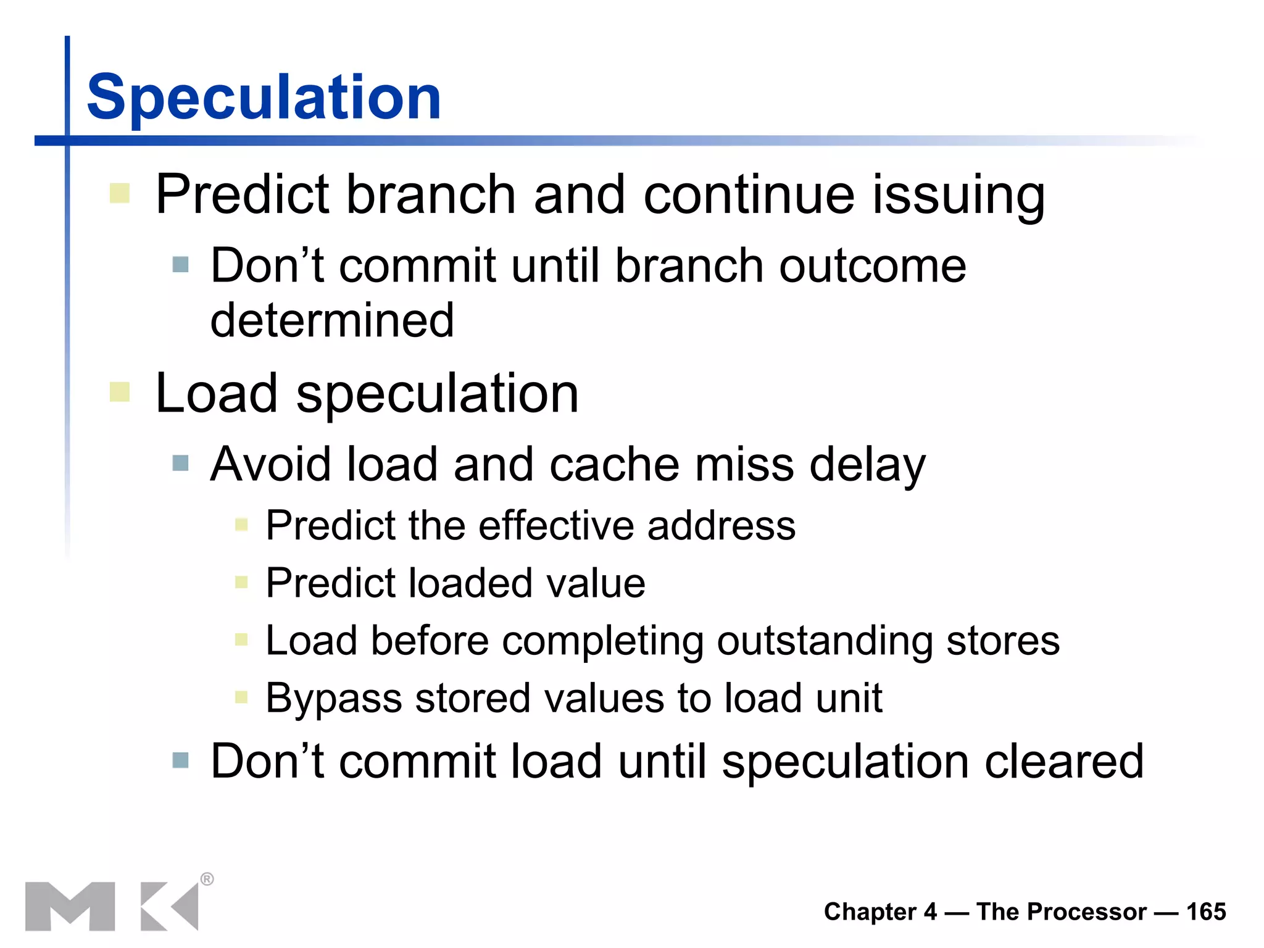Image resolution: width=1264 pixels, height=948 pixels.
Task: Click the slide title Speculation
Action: [x=264, y=98]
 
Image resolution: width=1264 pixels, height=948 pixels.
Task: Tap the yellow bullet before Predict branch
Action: [x=119, y=193]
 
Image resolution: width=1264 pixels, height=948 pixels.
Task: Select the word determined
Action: [x=332, y=320]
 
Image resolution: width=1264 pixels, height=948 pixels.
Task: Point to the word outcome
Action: [x=872, y=266]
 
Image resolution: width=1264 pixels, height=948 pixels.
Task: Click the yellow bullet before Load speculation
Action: [x=119, y=392]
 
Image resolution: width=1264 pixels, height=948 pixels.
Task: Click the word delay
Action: [x=867, y=465]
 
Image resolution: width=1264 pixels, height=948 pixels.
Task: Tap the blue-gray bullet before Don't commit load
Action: [x=180, y=760]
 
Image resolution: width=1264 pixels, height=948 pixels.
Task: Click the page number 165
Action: [x=1206, y=912]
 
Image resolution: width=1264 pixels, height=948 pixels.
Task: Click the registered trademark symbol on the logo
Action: [x=207, y=879]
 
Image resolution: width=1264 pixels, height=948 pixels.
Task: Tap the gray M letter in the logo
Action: [x=70, y=906]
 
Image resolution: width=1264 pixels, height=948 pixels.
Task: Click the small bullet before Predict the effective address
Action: [x=241, y=525]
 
